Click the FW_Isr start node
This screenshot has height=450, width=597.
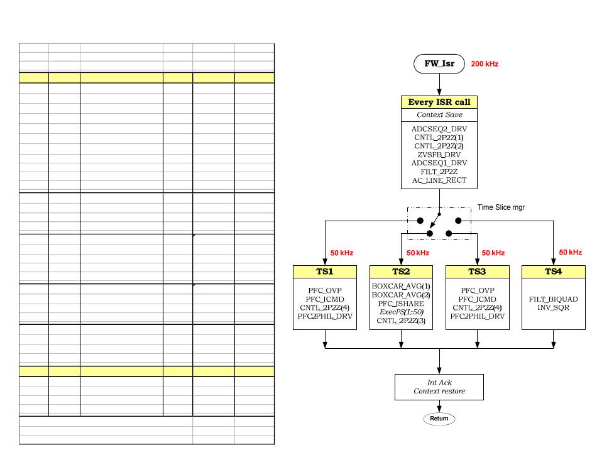(439, 63)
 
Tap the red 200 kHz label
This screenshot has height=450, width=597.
(485, 64)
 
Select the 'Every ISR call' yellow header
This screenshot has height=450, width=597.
(439, 102)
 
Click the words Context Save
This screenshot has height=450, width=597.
(439, 114)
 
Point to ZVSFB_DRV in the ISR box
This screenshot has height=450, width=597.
(439, 155)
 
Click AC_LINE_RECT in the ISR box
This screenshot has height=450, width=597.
(439, 180)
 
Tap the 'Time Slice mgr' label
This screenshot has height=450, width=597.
(501, 207)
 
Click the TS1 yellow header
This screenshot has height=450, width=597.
(325, 272)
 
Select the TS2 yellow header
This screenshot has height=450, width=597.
(401, 272)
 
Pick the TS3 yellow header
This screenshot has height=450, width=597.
(477, 272)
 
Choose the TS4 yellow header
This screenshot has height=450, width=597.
(553, 272)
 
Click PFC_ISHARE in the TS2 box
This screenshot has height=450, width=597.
(401, 304)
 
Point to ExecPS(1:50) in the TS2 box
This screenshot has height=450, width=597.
(402, 312)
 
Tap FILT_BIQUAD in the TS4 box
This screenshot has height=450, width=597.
(553, 299)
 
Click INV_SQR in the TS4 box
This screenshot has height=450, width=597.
(553, 307)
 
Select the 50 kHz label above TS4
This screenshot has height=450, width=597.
(571, 253)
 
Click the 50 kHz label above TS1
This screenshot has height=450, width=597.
(341, 253)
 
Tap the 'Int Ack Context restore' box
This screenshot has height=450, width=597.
(439, 387)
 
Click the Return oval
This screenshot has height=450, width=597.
(439, 419)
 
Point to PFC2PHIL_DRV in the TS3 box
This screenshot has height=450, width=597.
(478, 316)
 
